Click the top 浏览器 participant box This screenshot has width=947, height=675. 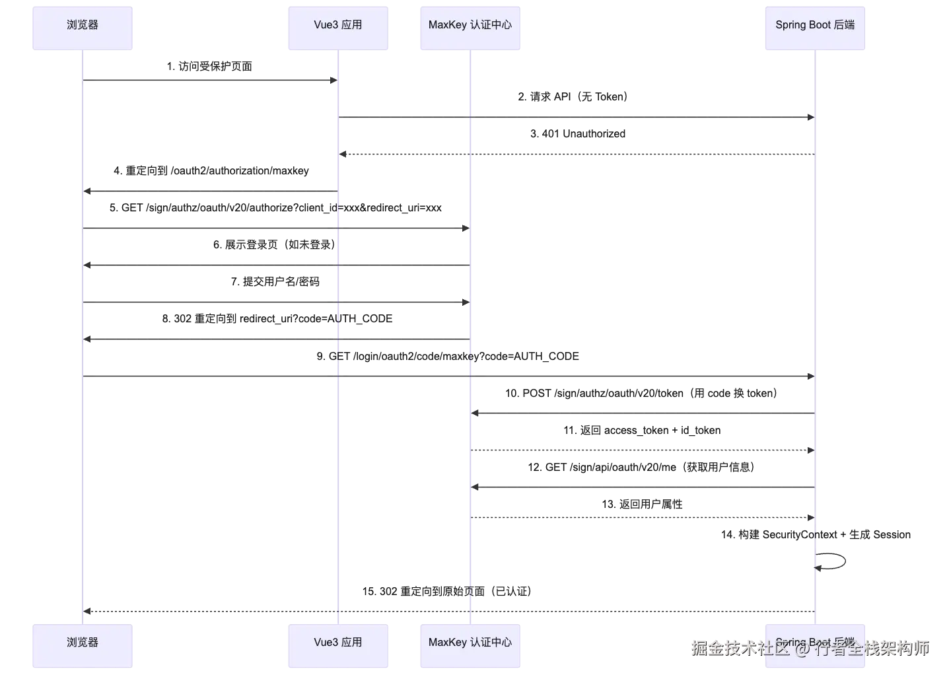83,28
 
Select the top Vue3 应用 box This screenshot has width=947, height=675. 338,28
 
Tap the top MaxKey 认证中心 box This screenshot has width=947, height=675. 470,28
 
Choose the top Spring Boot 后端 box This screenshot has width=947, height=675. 815,28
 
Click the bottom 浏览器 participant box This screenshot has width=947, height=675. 83,646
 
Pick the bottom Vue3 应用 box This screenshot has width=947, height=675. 338,646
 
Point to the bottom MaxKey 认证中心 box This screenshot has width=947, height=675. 470,646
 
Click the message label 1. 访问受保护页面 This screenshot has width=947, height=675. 209,67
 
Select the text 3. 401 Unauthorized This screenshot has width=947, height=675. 577,133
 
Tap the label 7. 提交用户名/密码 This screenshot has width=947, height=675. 275,281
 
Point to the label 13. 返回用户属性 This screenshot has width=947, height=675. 642,504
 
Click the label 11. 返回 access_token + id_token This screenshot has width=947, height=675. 642,431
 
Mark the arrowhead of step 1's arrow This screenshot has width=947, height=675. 333,81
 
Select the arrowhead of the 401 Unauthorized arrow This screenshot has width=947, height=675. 343,154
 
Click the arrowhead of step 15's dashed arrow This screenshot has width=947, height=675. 87,611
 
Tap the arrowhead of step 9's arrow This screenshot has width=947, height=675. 811,376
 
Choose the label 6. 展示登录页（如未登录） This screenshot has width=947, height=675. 275,245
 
